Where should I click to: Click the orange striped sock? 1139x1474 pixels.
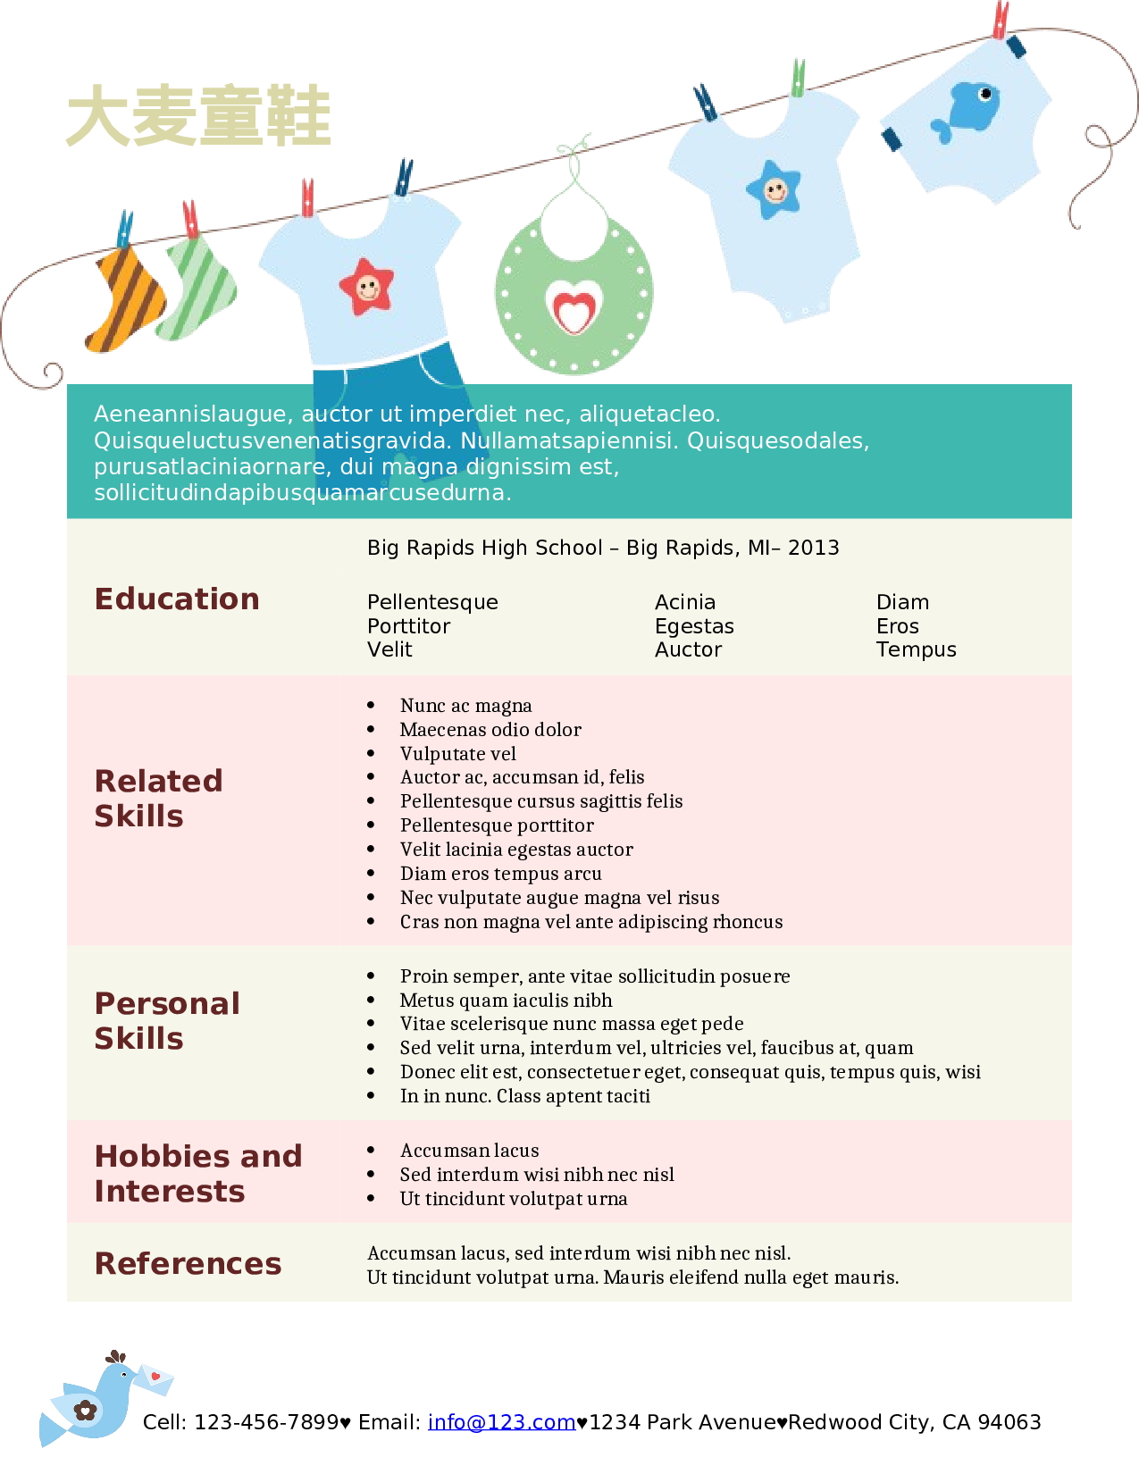click(x=126, y=298)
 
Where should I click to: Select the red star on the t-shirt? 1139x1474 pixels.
click(x=366, y=287)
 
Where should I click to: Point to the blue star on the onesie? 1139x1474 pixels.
click(x=774, y=189)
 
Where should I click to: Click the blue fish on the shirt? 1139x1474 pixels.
click(x=968, y=109)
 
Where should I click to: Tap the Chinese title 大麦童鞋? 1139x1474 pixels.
click(x=198, y=116)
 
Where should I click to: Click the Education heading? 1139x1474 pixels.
click(x=177, y=599)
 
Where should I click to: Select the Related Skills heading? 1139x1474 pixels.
click(x=158, y=798)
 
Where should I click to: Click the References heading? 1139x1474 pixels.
click(x=188, y=1263)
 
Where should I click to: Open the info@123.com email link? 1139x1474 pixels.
click(x=501, y=1421)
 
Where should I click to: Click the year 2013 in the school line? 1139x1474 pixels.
click(x=813, y=548)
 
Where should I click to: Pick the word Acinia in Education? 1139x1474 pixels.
click(x=685, y=602)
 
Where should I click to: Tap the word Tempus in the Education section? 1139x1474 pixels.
click(x=916, y=649)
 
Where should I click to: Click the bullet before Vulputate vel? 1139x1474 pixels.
click(x=371, y=753)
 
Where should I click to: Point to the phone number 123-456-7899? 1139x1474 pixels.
click(x=266, y=1421)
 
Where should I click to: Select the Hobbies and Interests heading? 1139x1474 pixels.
click(x=197, y=1173)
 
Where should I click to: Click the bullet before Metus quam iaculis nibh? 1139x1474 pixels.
click(x=371, y=1000)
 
